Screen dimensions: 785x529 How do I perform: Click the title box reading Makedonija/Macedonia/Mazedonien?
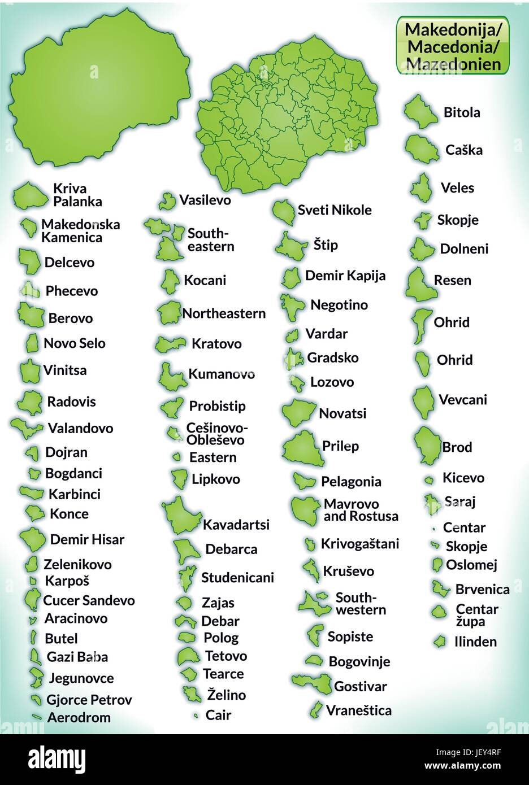coord(453,45)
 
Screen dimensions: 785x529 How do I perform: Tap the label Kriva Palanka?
coord(77,195)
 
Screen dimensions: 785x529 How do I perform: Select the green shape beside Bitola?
coord(420,111)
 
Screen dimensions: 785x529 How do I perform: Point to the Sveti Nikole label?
coord(335,210)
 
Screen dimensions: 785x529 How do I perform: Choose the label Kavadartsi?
coord(236,525)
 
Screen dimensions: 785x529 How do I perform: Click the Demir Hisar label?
coord(87,539)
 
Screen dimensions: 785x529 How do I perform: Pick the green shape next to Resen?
coord(420,284)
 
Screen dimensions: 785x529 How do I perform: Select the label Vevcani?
coord(462,400)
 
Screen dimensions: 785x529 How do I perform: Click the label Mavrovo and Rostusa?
coord(361,510)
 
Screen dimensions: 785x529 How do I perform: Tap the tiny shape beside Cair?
coord(196,716)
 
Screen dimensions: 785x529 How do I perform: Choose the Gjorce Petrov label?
coord(89,700)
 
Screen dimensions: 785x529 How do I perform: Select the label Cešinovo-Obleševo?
coord(216,434)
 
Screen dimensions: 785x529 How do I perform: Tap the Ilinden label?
coord(475,642)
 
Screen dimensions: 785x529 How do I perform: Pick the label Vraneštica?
coord(358,710)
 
